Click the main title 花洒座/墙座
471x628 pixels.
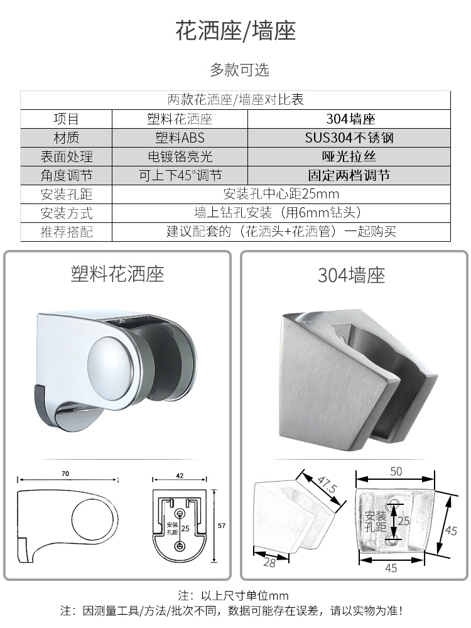pyautogui.click(x=235, y=31)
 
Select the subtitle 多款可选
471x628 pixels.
pyautogui.click(x=239, y=70)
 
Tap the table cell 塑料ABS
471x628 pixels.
pyautogui.click(x=180, y=138)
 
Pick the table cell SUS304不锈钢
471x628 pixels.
pyautogui.click(x=349, y=138)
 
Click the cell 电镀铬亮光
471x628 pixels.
pyautogui.click(x=180, y=156)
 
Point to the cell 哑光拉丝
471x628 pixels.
pyautogui.click(x=349, y=156)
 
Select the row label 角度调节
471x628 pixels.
pyautogui.click(x=67, y=175)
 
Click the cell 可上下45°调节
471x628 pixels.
pyautogui.click(x=180, y=175)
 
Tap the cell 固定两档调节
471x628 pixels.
pyautogui.click(x=349, y=175)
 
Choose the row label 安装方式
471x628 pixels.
pyautogui.click(x=67, y=213)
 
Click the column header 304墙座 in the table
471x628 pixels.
pyautogui.click(x=350, y=119)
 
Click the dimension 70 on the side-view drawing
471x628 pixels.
pyautogui.click(x=65, y=474)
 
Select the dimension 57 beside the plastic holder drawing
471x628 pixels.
pyautogui.click(x=222, y=526)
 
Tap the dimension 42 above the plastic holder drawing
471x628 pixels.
pyautogui.click(x=180, y=475)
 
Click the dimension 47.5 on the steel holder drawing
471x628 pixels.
pyautogui.click(x=327, y=485)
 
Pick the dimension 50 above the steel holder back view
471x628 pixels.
pyautogui.click(x=396, y=472)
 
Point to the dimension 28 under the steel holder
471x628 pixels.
pyautogui.click(x=269, y=563)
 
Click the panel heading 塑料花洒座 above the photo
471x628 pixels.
pyautogui.click(x=117, y=274)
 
